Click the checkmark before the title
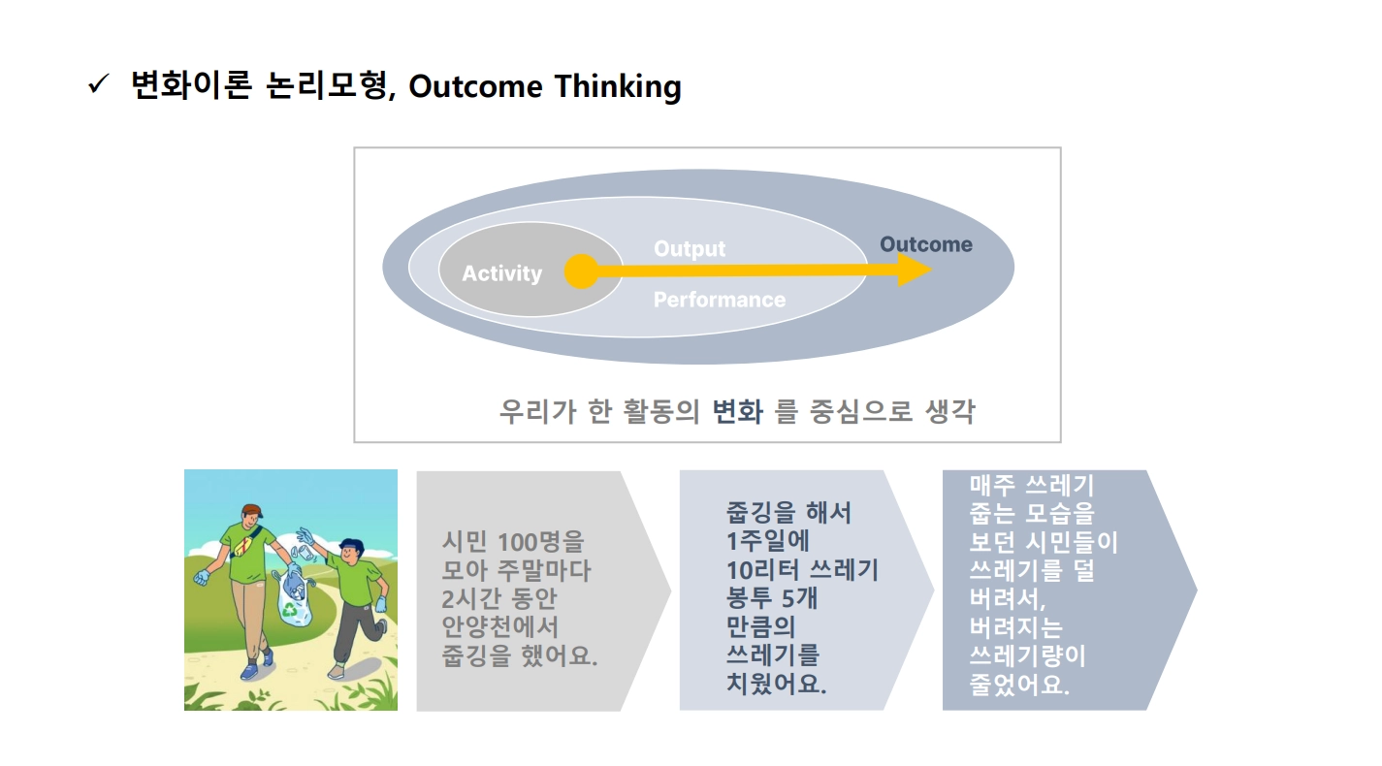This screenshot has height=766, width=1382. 98,84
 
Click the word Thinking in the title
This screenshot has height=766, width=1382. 618,86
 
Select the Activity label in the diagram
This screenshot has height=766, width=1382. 501,273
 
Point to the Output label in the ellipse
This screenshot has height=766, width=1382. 690,248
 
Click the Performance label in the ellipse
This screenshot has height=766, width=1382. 720,300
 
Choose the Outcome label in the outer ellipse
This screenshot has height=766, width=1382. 925,244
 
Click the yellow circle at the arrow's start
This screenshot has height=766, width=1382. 581,271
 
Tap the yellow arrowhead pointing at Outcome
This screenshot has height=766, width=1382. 915,270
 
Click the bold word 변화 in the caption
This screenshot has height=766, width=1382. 738,411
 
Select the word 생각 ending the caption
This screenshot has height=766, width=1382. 950,411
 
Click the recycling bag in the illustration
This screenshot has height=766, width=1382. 294,595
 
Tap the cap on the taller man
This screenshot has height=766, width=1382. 252,510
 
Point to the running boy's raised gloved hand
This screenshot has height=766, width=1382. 305,535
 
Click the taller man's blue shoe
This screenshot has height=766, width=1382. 250,671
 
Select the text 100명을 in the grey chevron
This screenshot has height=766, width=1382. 540,542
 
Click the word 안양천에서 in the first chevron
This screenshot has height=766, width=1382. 499,627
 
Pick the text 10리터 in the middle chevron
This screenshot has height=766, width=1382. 762,570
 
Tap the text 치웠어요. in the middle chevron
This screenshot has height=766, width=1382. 776,684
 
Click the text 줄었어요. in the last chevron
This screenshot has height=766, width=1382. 1019,684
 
